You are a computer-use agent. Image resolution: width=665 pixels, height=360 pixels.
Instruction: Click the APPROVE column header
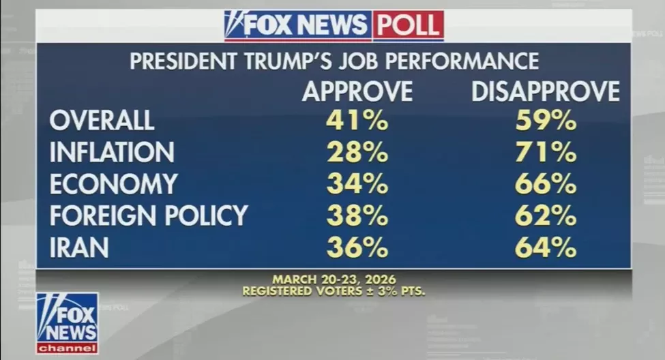(x=357, y=91)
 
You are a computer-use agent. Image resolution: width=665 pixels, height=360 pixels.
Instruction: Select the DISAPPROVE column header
(x=546, y=91)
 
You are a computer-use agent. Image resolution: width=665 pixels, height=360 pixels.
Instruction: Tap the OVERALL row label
(x=102, y=121)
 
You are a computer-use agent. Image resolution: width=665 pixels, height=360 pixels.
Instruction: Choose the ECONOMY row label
(x=114, y=184)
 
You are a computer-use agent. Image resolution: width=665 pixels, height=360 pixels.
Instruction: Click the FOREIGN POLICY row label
(x=149, y=215)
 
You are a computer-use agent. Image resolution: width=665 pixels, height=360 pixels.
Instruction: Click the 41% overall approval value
(x=357, y=121)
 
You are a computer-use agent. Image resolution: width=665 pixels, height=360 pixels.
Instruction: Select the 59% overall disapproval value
(x=546, y=121)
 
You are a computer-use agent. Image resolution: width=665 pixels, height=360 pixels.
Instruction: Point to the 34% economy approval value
(x=357, y=184)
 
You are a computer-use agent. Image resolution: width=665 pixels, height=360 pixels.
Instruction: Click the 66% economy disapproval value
(x=546, y=184)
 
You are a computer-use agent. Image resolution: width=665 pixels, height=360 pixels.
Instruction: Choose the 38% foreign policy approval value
(x=357, y=215)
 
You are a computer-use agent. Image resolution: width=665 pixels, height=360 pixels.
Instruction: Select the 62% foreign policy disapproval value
(x=546, y=215)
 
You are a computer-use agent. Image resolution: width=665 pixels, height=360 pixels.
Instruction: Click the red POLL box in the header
(x=408, y=25)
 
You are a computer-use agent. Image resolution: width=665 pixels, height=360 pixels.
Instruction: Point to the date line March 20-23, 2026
(x=334, y=280)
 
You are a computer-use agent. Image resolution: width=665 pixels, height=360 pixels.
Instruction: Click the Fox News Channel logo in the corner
(x=67, y=323)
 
